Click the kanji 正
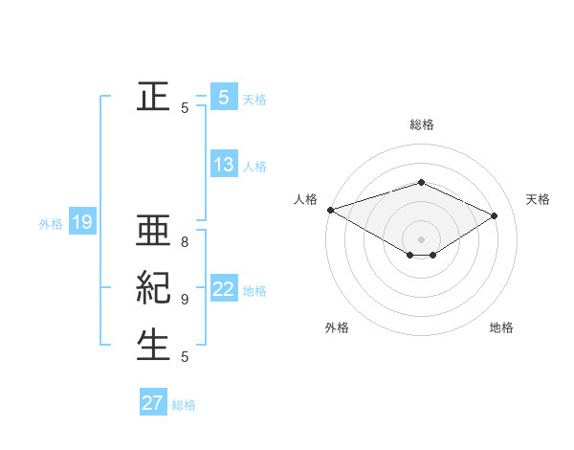point(153,96)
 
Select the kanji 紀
point(153,288)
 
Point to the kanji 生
point(153,345)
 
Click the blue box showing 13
point(224,165)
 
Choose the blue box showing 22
point(224,289)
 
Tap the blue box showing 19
point(82,223)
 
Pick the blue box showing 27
point(153,403)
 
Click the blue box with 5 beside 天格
point(224,97)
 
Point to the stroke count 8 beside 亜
point(185,243)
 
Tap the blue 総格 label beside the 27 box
point(185,405)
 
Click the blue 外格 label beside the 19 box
point(51,224)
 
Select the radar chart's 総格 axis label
point(421,124)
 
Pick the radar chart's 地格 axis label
point(501,327)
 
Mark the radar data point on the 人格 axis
point(330,209)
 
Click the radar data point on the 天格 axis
point(495,216)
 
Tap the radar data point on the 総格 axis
point(421,182)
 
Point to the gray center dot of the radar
point(421,237)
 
